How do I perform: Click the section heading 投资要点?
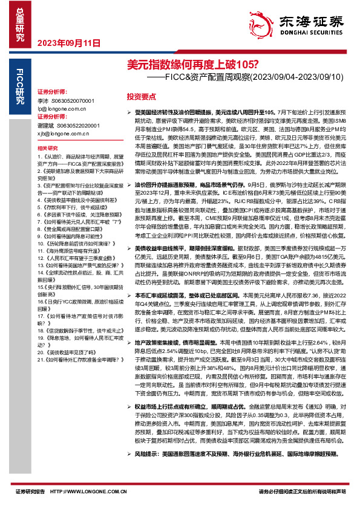[x=141, y=96]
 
